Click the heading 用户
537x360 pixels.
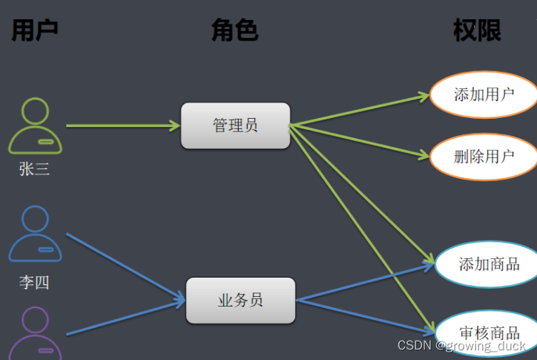pyautogui.click(x=34, y=30)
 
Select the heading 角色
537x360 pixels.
pyautogui.click(x=234, y=30)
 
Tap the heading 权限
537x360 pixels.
pyautogui.click(x=477, y=30)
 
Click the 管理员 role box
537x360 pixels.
pyautogui.click(x=235, y=125)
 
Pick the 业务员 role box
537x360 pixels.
pyautogui.click(x=240, y=300)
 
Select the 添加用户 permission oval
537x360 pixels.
pyautogui.click(x=483, y=94)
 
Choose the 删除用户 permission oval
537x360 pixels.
pyautogui.click(x=483, y=156)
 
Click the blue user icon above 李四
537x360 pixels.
pyautogui.click(x=35, y=234)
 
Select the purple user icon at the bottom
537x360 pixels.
pyautogui.click(x=35, y=334)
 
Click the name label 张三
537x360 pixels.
pyautogui.click(x=34, y=169)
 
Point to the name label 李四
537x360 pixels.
pyautogui.click(x=34, y=282)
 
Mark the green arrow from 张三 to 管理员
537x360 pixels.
pyautogui.click(x=122, y=125)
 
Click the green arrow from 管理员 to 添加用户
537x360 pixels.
pyautogui.click(x=360, y=110)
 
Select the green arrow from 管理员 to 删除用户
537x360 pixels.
pyautogui.click(x=360, y=140)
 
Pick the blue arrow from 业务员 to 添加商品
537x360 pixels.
pyautogui.click(x=363, y=283)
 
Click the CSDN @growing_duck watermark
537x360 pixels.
pyautogui.click(x=461, y=346)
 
